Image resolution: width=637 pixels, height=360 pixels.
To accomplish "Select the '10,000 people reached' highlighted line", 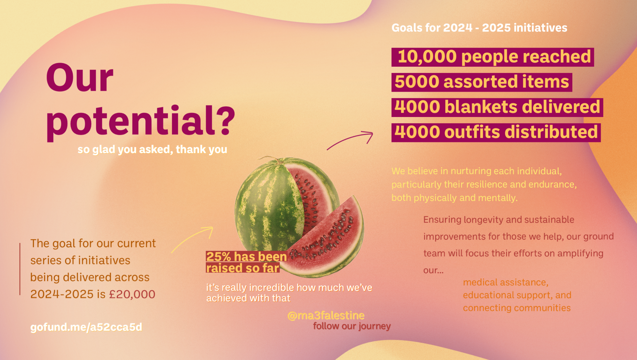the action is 493,57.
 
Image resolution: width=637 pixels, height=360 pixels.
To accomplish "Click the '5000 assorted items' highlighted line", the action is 482,82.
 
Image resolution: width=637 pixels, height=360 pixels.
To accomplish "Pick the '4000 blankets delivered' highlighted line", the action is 497,107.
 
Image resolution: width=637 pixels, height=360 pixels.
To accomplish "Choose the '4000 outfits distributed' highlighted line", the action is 496,133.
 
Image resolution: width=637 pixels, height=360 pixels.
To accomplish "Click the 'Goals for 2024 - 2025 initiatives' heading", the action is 479,28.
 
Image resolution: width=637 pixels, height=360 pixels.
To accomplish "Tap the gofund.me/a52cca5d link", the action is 86,327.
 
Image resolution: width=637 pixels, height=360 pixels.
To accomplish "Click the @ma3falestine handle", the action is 326,315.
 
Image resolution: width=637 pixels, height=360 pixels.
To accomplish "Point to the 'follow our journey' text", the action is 352,326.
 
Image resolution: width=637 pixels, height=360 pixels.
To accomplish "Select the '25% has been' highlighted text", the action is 247,257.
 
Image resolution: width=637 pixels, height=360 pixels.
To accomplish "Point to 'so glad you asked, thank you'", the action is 152,150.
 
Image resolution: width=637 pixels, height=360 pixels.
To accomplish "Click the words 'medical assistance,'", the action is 506,282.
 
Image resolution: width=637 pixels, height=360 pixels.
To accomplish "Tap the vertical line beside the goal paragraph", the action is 20,269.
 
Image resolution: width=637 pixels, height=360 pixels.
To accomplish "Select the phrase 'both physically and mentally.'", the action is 455,198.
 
